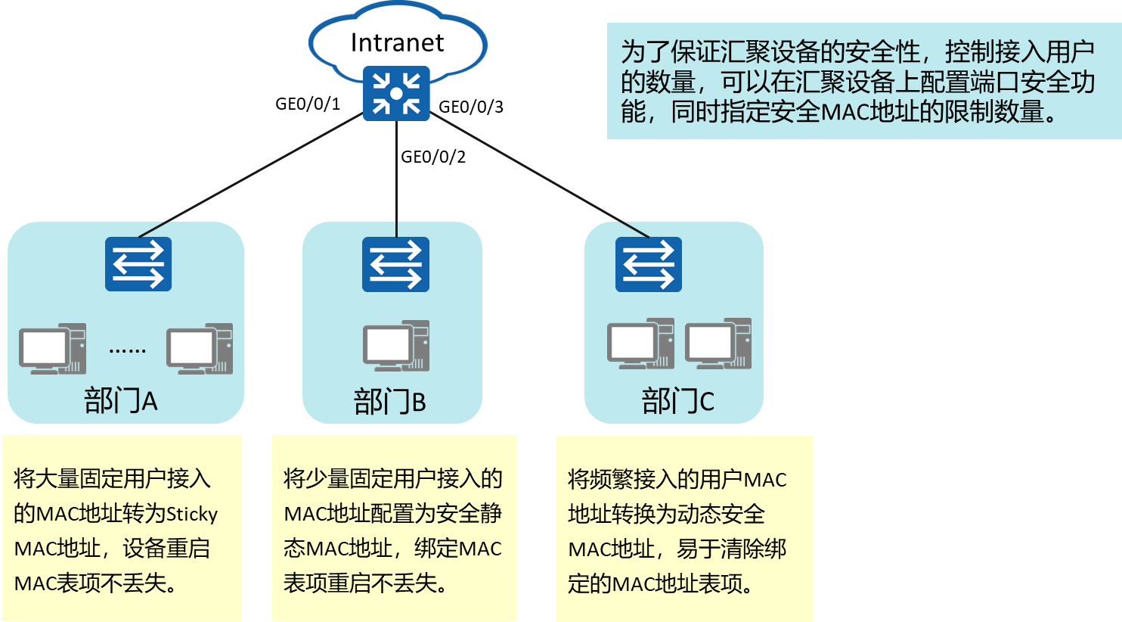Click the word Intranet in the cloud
tap(397, 42)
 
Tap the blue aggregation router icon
tap(396, 94)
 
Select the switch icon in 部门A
tap(138, 264)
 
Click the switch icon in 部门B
tap(395, 264)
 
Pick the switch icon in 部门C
tap(648, 264)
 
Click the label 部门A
tap(121, 400)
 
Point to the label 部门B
tap(390, 402)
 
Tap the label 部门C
tap(677, 401)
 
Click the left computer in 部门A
tap(52, 349)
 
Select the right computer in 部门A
tap(200, 349)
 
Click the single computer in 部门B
tap(396, 346)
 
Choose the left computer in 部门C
tap(640, 344)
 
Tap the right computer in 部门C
tap(718, 344)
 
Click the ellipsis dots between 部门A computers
tap(127, 350)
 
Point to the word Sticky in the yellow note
tap(192, 514)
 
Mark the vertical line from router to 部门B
tap(397, 174)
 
